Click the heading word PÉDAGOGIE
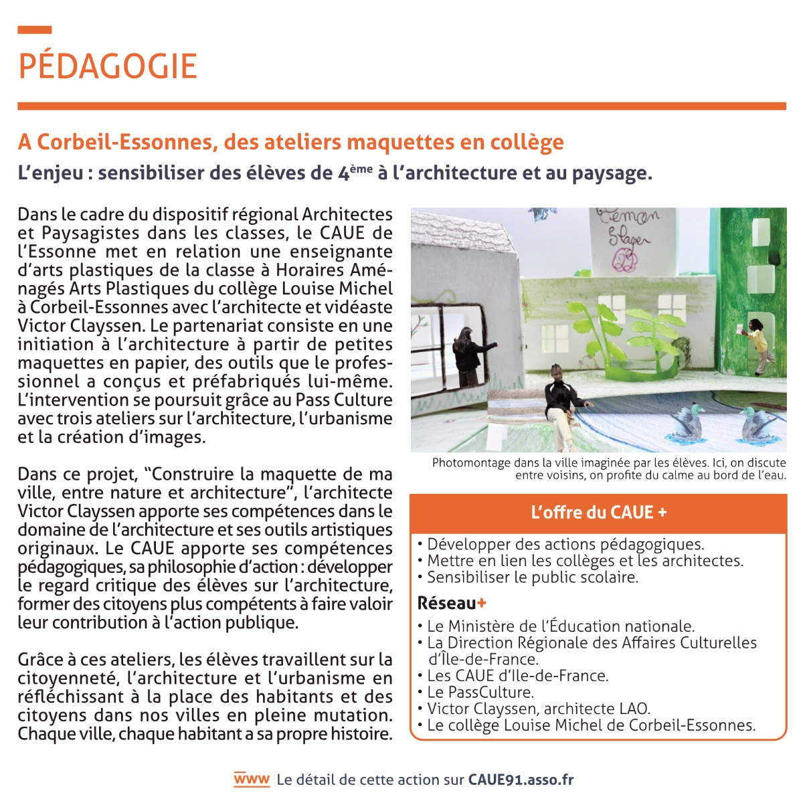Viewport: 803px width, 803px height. click(108, 66)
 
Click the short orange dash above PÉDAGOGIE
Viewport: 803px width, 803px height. click(35, 29)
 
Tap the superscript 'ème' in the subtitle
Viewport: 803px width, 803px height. click(361, 169)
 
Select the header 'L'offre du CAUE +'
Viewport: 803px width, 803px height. click(598, 513)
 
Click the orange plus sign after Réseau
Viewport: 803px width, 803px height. click(482, 603)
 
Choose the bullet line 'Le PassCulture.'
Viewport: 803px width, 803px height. click(480, 692)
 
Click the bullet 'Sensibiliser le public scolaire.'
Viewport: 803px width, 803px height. click(532, 577)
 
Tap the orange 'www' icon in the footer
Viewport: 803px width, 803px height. click(252, 779)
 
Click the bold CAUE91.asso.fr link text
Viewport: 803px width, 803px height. click(521, 780)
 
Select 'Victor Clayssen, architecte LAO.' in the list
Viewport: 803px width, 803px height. click(538, 709)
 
